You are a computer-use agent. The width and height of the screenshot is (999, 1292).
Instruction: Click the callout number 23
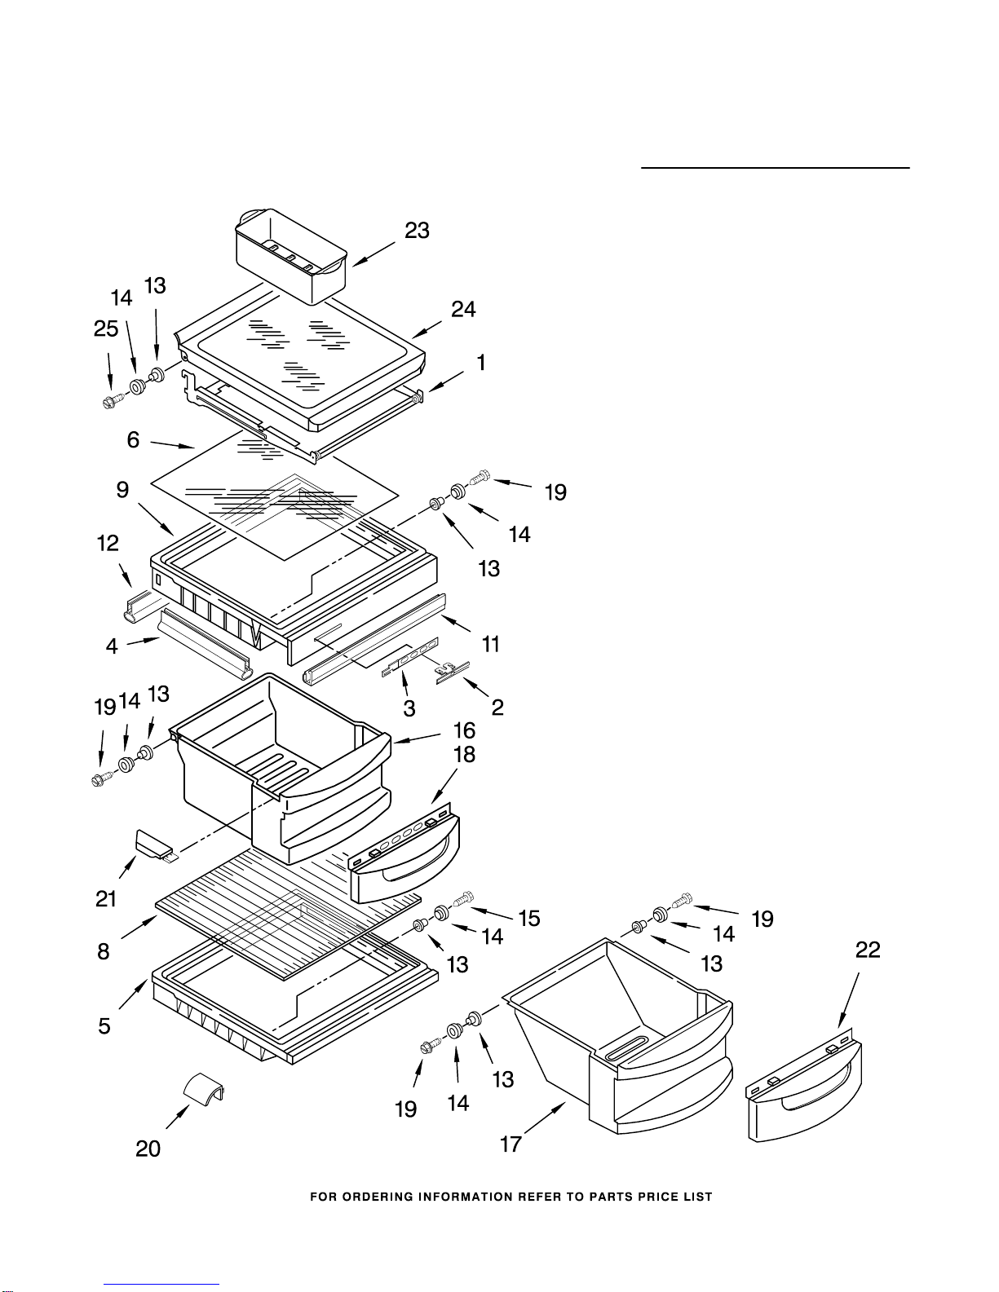(417, 231)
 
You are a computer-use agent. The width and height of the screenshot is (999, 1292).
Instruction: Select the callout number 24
(463, 309)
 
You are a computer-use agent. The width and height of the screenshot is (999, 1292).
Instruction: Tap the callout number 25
(107, 329)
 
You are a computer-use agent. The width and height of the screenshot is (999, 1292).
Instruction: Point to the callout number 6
(133, 440)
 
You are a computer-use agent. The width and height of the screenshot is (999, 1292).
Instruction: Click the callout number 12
(108, 543)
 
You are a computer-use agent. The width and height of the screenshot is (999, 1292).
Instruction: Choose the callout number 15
(528, 919)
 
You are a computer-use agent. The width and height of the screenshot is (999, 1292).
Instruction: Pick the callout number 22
(868, 950)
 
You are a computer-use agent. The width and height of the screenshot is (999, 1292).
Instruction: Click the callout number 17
(511, 1144)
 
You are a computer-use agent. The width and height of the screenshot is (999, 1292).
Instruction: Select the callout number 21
(106, 898)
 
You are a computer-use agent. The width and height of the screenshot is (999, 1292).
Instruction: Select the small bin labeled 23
(291, 256)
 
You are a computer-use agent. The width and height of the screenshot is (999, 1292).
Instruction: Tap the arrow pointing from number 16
(416, 738)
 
